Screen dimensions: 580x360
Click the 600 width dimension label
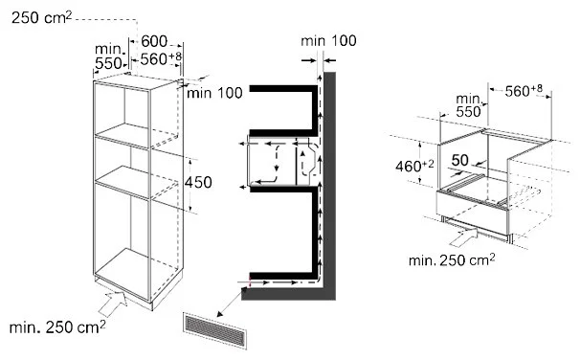coord(154,41)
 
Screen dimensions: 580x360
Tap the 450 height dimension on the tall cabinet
coord(198,183)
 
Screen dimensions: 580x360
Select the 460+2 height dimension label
coord(414,166)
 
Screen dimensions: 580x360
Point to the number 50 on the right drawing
coord(459,160)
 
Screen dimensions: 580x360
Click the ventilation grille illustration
coord(215,330)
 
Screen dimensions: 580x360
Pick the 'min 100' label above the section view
coord(328,41)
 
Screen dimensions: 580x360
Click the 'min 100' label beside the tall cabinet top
coord(214,93)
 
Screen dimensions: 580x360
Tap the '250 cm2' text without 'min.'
coord(41,17)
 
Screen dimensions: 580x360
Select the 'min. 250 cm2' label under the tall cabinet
coord(57,327)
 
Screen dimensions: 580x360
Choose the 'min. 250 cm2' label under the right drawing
coord(452,260)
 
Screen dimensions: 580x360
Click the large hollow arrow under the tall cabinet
coord(114,302)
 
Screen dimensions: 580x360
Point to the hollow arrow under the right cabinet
coord(463,236)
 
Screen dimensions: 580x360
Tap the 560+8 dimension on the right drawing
coord(524,90)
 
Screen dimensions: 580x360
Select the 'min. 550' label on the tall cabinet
coord(108,56)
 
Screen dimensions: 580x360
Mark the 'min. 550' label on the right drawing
coord(469,105)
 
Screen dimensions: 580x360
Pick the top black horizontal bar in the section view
coord(283,88)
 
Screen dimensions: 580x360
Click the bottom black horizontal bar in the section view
coord(283,276)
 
